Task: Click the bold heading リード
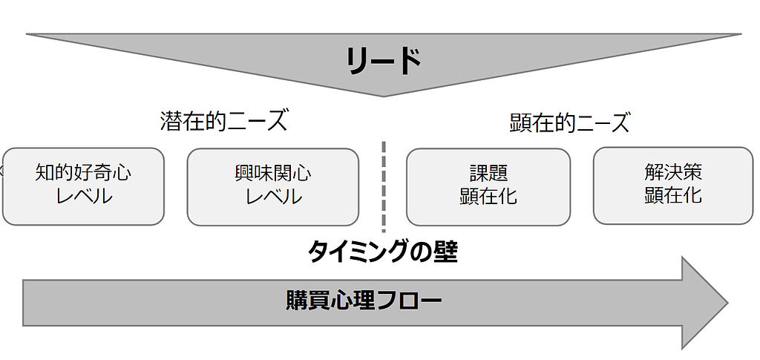(x=384, y=61)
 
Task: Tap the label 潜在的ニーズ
(x=223, y=121)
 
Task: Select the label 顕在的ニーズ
(x=569, y=122)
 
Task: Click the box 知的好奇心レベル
(x=83, y=186)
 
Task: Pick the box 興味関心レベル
(x=273, y=187)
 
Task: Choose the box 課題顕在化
(x=488, y=187)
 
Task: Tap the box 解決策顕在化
(x=672, y=186)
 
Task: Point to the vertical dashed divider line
(x=384, y=187)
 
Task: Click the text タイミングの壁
(x=383, y=252)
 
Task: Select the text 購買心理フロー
(x=364, y=301)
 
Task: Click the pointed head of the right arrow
(x=727, y=303)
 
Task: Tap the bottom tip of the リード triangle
(x=384, y=96)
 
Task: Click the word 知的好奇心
(x=83, y=173)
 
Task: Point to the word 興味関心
(x=273, y=174)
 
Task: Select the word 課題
(x=488, y=173)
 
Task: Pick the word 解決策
(x=673, y=172)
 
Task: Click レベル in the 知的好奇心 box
(x=84, y=197)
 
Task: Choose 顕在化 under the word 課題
(x=488, y=197)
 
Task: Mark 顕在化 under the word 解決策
(x=673, y=196)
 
